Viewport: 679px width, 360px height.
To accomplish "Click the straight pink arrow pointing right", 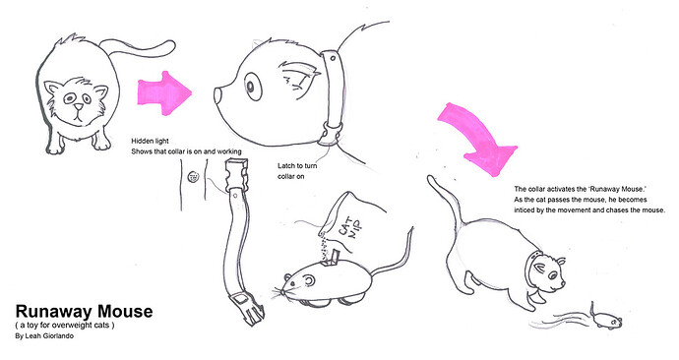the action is (x=164, y=93).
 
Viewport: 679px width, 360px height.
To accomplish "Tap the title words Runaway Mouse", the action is (x=84, y=312).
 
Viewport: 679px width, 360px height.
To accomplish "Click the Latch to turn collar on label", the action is (x=297, y=171).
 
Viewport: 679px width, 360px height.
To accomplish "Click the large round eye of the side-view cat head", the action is (x=250, y=87).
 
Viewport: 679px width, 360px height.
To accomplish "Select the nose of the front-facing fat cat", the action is (x=78, y=106).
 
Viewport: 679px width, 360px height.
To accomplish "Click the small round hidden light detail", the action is (x=193, y=176).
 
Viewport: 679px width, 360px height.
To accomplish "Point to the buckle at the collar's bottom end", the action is (x=248, y=307).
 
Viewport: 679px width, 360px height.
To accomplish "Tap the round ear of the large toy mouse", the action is (x=308, y=281).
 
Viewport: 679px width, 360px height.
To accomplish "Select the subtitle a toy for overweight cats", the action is (x=65, y=325).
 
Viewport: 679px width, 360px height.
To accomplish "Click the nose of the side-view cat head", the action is (x=217, y=94).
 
